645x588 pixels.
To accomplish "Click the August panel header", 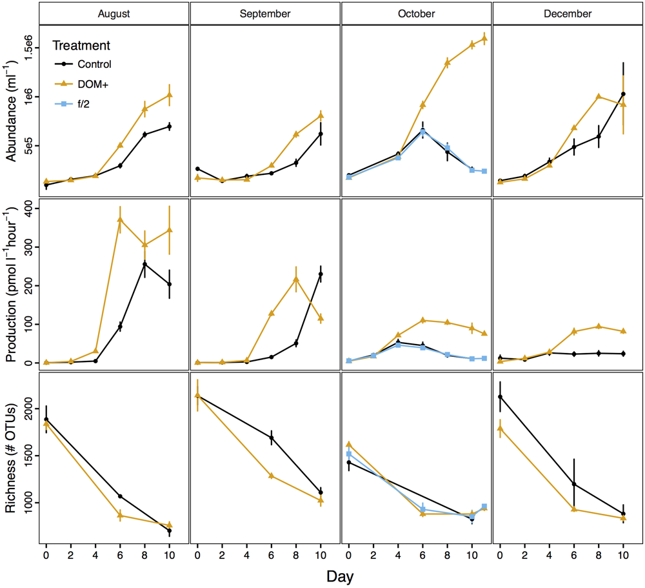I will [x=114, y=13].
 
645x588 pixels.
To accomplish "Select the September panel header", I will [x=265, y=13].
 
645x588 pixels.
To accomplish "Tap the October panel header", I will [x=416, y=13].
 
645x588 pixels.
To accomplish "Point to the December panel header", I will [x=567, y=13].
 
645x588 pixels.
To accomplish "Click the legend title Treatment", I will [x=81, y=46].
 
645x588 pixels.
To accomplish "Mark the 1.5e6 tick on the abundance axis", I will [x=30, y=48].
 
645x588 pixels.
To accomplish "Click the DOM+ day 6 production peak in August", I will [x=120, y=220].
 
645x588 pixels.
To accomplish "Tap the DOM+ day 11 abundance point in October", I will [x=484, y=39].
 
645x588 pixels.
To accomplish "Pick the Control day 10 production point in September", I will [x=321, y=274].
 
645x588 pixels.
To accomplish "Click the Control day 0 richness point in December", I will [x=501, y=397].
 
